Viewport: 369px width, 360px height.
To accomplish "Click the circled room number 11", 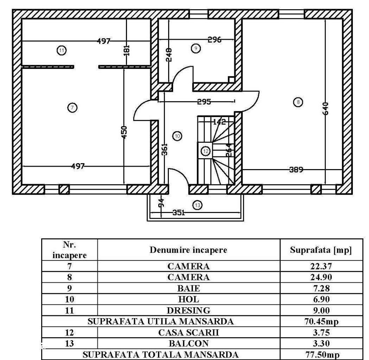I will tap(62, 51).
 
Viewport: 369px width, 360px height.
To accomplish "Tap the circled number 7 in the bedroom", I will tap(72, 108).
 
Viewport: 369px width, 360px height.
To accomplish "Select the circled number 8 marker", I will tap(298, 102).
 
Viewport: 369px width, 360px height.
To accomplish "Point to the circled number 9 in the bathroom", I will tap(196, 48).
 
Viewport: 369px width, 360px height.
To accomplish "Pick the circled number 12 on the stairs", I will tap(206, 151).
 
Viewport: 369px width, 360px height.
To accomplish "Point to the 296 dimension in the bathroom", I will tap(214, 40).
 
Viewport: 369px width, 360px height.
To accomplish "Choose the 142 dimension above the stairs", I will tap(219, 122).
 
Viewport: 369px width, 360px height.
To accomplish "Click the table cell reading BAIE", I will tap(189, 289).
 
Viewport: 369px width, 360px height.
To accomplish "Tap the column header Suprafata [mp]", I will tap(321, 250).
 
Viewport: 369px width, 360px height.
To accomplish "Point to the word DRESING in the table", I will tap(189, 310).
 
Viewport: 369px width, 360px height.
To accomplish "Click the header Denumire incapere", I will tap(189, 250).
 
